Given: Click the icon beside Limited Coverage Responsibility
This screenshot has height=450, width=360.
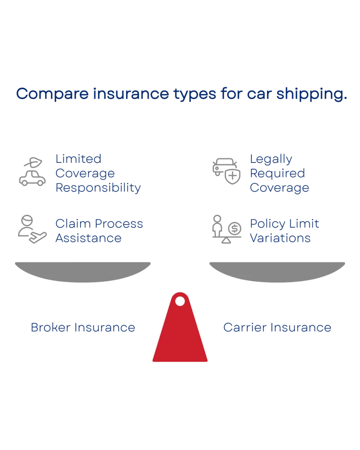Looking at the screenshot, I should (32, 171).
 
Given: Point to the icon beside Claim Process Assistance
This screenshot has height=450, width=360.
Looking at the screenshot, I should (32, 229).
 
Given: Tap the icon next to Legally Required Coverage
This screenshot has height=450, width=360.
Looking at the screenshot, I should (225, 171).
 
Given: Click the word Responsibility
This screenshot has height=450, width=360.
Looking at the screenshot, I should (98, 188).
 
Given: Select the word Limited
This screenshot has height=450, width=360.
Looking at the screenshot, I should (77, 159).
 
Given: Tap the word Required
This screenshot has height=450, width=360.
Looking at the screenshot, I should (277, 173).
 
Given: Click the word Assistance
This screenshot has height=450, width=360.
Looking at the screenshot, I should (88, 238).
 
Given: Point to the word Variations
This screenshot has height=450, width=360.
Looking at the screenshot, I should (280, 238).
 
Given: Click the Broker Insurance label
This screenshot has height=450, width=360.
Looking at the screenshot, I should (83, 328).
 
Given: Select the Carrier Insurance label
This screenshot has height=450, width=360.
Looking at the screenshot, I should (277, 328).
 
